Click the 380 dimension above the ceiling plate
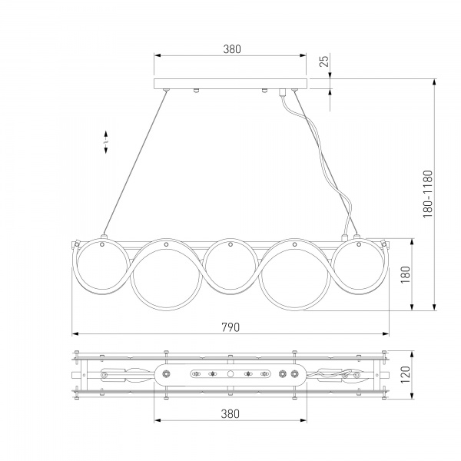pos(232,49)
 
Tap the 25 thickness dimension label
pos(323,61)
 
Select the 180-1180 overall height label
pos(428,194)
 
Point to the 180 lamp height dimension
pos(405,274)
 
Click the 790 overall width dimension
pos(230,327)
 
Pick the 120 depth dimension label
pos(405,375)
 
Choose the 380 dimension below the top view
pos(230,414)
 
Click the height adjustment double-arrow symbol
pos(106,142)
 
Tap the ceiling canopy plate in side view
pos(230,84)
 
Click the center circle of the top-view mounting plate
pos(230,374)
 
